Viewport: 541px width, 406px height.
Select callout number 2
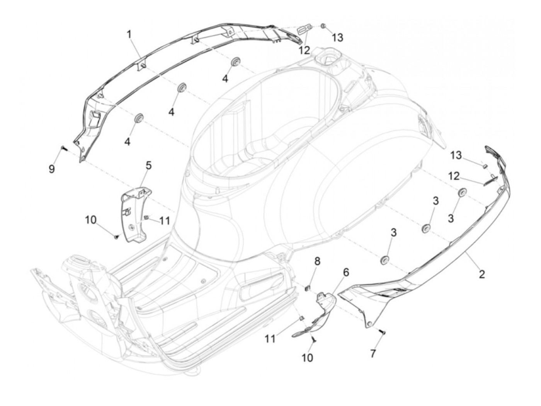pyautogui.click(x=481, y=274)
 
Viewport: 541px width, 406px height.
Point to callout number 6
pyautogui.click(x=346, y=272)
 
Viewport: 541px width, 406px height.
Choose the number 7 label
pyautogui.click(x=373, y=353)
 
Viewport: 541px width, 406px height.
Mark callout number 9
pyautogui.click(x=52, y=169)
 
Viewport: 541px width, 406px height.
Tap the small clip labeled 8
pyautogui.click(x=308, y=287)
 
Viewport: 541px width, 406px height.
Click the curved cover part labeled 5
pyautogui.click(x=135, y=216)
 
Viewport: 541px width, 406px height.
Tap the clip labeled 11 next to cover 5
pyautogui.click(x=146, y=218)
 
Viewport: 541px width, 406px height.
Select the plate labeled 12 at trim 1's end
pyautogui.click(x=305, y=29)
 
